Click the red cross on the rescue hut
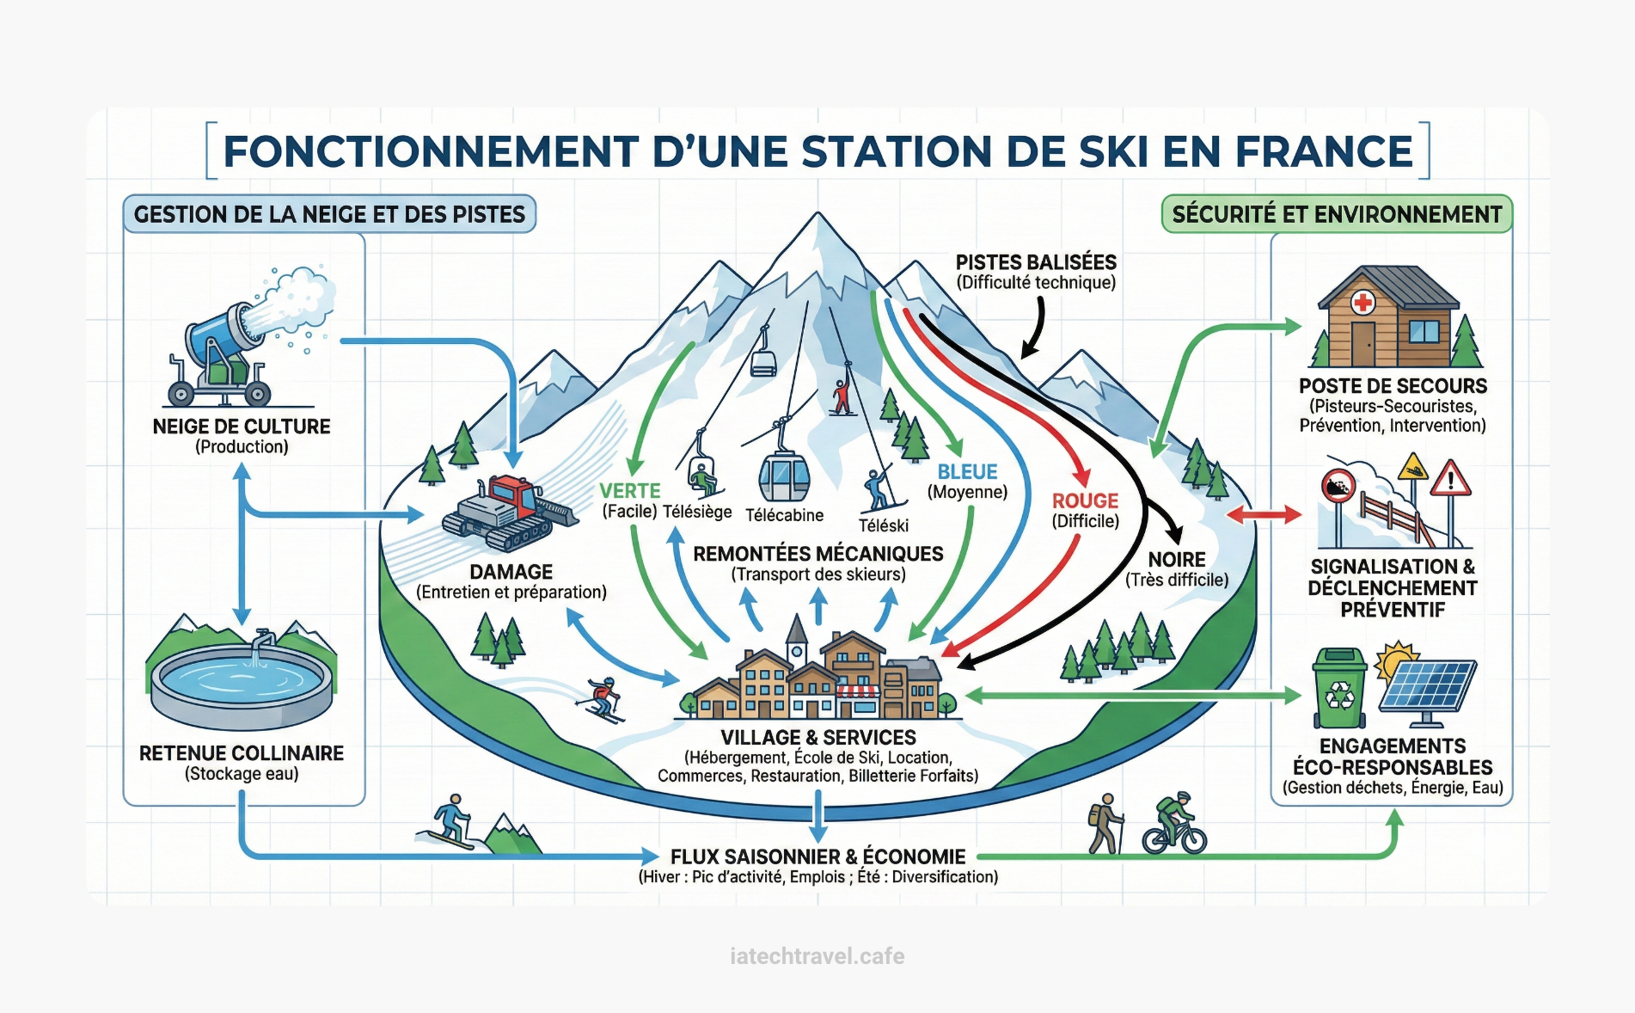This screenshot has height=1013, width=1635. click(1362, 302)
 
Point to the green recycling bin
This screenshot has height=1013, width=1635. click(1339, 689)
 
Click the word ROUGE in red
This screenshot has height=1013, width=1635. click(1085, 500)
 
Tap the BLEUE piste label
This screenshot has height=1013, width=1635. click(967, 472)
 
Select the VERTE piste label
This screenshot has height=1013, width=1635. click(630, 491)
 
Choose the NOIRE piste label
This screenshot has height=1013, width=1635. click(1177, 560)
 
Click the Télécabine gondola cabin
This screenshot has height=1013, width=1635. click(783, 476)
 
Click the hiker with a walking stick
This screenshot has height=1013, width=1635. click(1106, 824)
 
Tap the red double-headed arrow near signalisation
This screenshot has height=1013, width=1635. click(1263, 515)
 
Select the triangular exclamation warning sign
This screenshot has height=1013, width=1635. click(1450, 480)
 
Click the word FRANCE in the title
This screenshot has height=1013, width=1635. click(1324, 151)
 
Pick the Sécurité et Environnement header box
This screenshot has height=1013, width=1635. click(1337, 214)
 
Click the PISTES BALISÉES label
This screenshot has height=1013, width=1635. click(1036, 262)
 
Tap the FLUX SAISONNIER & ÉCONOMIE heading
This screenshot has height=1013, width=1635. click(817, 856)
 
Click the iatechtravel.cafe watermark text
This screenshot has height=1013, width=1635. click(817, 956)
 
